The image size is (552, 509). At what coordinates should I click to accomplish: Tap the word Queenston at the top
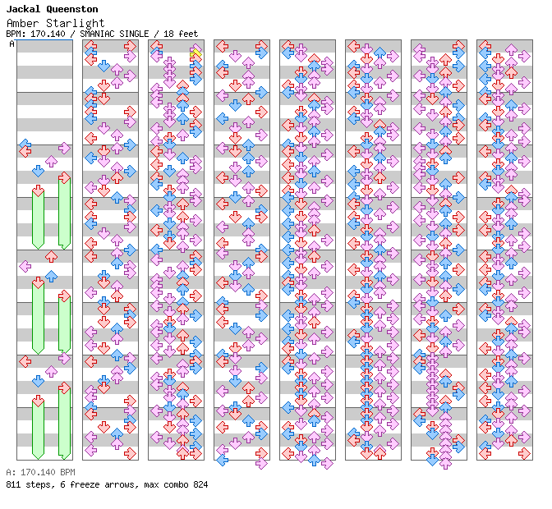(x=71, y=9)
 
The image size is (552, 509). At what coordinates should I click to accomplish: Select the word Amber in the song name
(x=22, y=23)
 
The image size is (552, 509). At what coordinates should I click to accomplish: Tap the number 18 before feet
(x=169, y=34)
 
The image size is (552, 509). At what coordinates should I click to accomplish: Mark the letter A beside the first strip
(x=11, y=44)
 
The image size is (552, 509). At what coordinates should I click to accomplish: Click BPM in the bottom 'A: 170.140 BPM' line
(x=66, y=472)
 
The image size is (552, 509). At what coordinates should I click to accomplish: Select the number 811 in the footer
(x=13, y=484)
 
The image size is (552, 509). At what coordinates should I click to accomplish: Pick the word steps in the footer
(x=37, y=484)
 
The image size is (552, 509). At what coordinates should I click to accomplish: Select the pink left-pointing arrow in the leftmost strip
(x=25, y=266)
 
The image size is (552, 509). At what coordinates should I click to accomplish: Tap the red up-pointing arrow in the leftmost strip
(x=51, y=256)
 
